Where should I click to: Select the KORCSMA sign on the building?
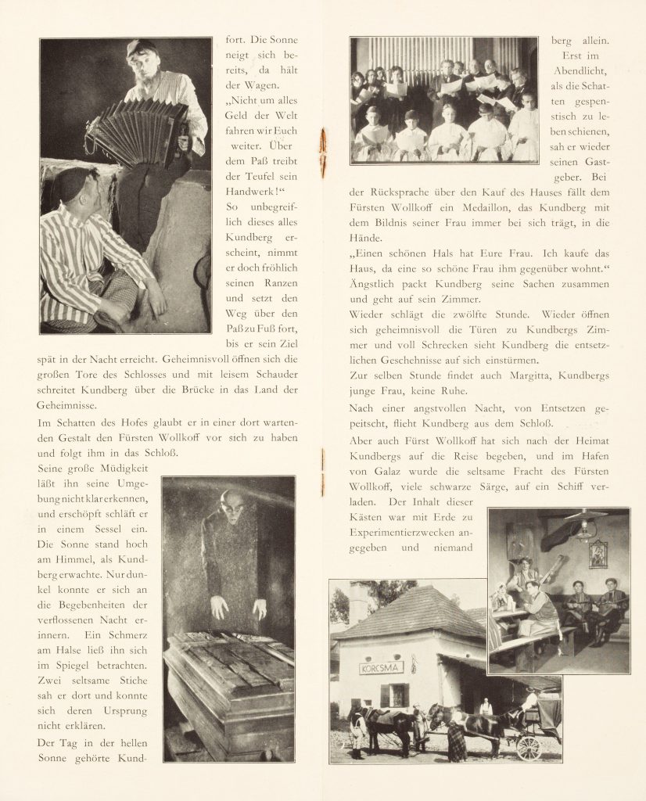click(381, 668)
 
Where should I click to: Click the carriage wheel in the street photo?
click(529, 747)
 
